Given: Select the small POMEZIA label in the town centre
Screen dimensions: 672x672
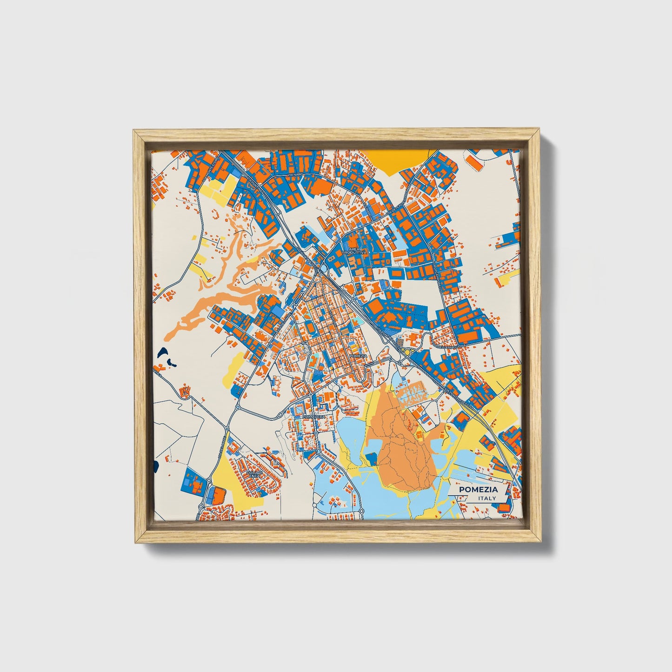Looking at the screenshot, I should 358,356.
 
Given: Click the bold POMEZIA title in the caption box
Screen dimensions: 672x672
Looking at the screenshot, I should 478,489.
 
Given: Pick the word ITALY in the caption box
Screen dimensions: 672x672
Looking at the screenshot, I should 486,498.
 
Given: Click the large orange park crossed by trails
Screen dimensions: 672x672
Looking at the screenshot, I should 402,446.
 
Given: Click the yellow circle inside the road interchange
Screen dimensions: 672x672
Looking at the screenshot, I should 407,352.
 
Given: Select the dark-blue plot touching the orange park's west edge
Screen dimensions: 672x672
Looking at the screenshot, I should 372,459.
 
